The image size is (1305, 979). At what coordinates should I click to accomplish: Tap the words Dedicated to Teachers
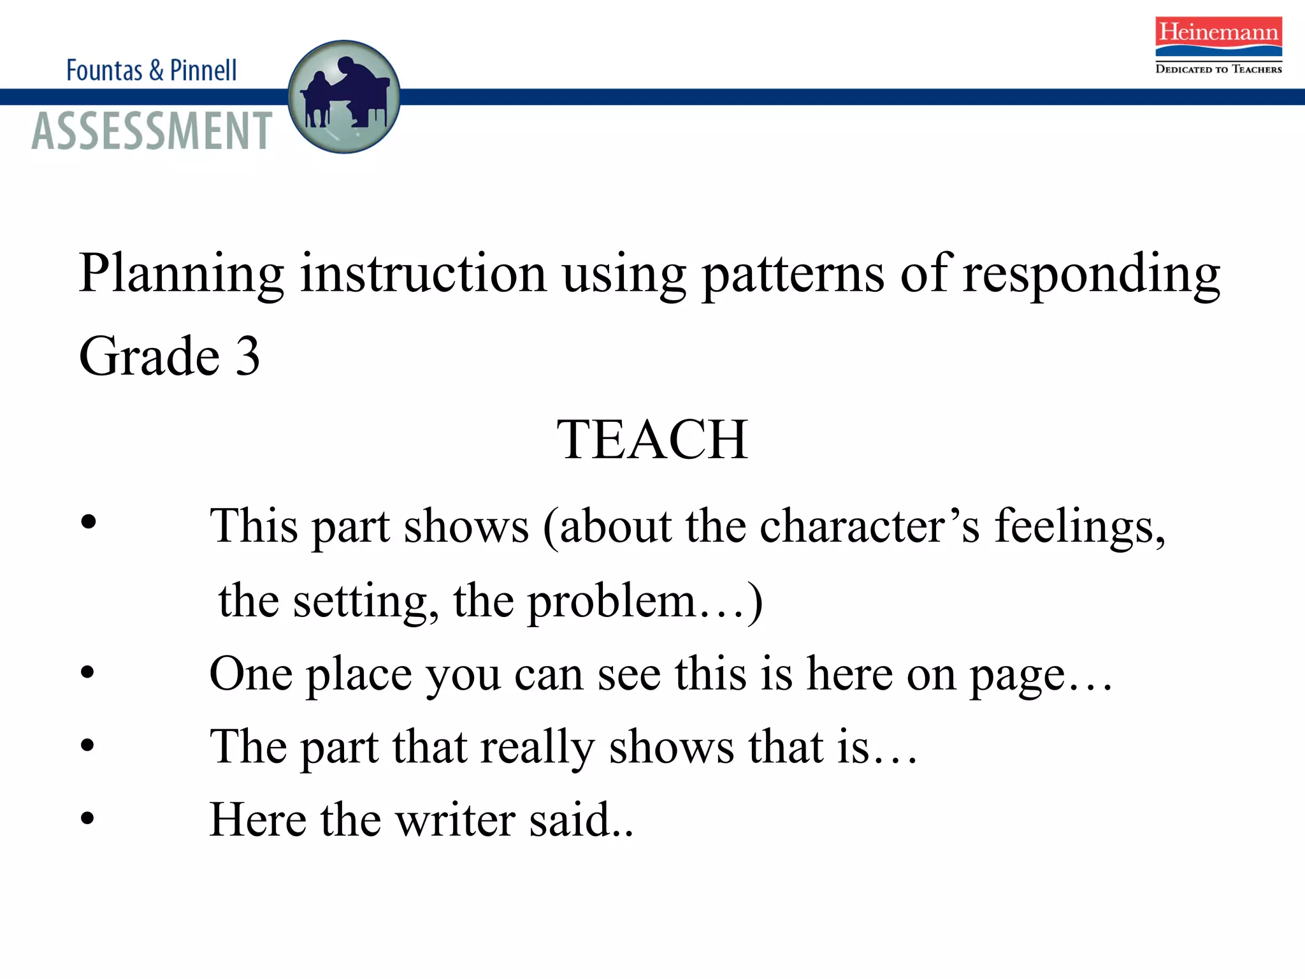pyautogui.click(x=1218, y=69)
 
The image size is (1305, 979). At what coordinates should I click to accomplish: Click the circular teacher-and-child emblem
pyautogui.click(x=344, y=97)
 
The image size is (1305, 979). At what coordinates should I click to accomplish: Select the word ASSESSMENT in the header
pyautogui.click(x=152, y=131)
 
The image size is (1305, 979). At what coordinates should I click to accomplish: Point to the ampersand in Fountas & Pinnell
pyautogui.click(x=156, y=71)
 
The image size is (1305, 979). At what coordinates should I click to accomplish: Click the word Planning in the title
pyautogui.click(x=181, y=274)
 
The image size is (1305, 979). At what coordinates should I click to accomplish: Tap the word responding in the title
pyautogui.click(x=1091, y=274)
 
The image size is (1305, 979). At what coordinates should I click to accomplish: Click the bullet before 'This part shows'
pyautogui.click(x=89, y=522)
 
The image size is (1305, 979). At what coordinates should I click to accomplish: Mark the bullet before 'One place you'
pyautogui.click(x=88, y=672)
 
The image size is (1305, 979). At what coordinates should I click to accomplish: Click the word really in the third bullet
pyautogui.click(x=537, y=748)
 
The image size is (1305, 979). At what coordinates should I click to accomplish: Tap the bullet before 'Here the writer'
pyautogui.click(x=88, y=818)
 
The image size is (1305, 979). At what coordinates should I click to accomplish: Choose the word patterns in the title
pyautogui.click(x=793, y=274)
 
